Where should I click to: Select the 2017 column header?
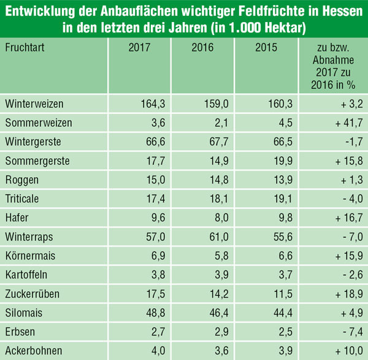coord(140,47)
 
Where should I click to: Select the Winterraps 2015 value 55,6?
coord(278,237)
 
